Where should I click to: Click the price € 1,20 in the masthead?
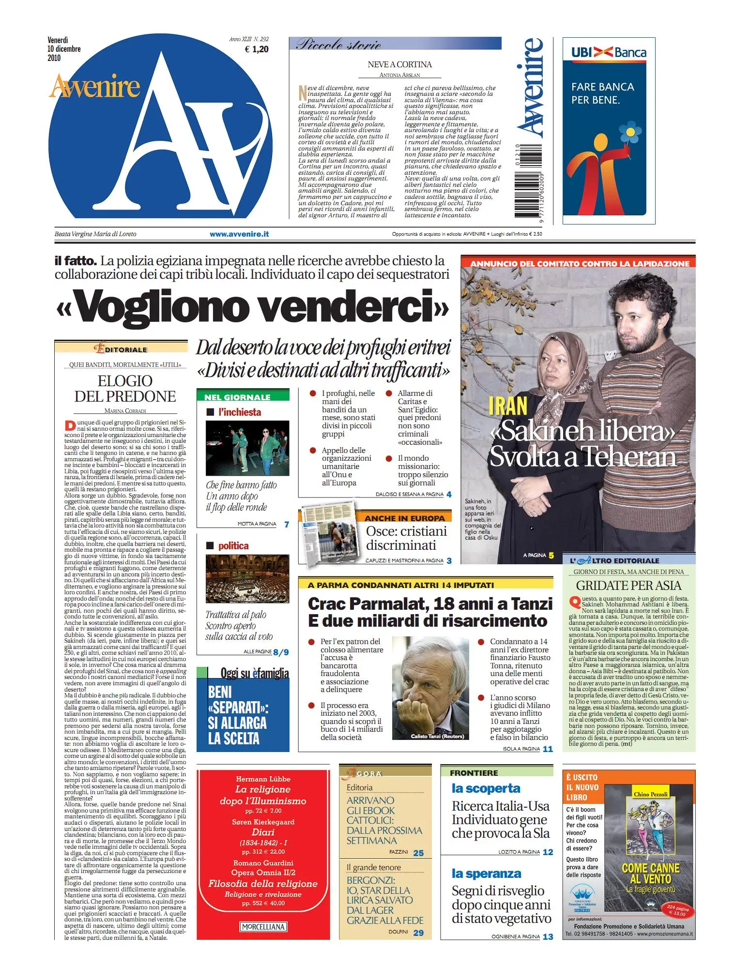click(257, 49)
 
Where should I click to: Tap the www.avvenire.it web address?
click(239, 234)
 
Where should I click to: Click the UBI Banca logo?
click(609, 52)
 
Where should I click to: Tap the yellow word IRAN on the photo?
click(507, 406)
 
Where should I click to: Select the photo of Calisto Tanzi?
click(430, 688)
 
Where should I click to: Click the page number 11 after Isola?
click(548, 749)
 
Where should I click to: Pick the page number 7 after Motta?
click(286, 524)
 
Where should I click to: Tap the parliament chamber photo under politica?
click(247, 579)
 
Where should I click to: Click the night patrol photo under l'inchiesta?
click(247, 448)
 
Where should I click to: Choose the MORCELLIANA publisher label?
click(263, 927)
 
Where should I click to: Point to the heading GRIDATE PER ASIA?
click(628, 586)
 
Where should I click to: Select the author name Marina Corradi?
click(125, 411)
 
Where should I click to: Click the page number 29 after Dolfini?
click(418, 933)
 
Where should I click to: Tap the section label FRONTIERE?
click(474, 773)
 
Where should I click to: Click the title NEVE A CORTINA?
click(399, 64)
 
